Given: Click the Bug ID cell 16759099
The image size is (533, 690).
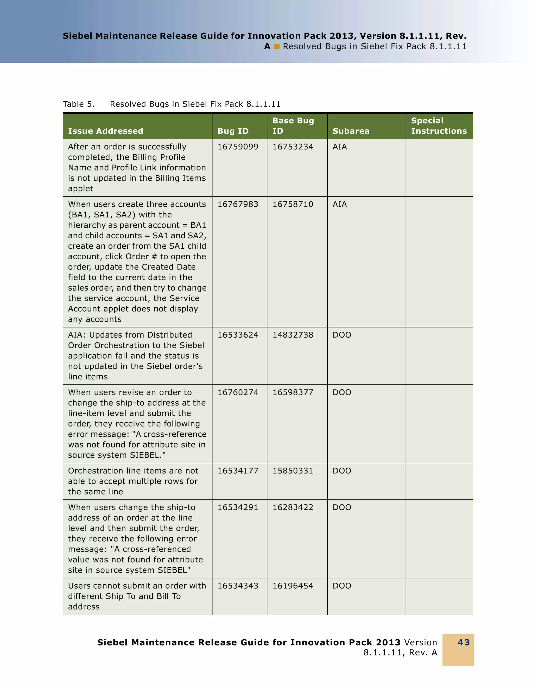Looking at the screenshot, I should point(238,147).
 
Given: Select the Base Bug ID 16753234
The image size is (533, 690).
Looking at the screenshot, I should point(293,147).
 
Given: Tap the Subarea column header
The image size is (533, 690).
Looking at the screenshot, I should point(351,131).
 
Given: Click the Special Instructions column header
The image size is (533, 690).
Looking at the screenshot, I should point(439,126).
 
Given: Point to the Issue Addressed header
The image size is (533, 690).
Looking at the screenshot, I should point(105,131).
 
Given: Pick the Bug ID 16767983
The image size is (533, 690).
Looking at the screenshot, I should point(238,205).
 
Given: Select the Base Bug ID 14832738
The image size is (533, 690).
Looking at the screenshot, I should point(293,335).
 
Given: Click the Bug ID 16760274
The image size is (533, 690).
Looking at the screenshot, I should point(238,392).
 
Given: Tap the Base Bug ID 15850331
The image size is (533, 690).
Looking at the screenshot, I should point(293,471).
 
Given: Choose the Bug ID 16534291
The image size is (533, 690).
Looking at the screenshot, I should point(238,507).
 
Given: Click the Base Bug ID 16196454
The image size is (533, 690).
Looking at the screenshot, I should point(293,586).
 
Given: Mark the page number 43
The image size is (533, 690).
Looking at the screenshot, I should point(464,642).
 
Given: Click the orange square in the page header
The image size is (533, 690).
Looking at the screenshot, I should point(277,47).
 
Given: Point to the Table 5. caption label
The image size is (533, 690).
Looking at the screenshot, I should point(78,104).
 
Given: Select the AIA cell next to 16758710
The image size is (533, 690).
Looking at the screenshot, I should point(339,205).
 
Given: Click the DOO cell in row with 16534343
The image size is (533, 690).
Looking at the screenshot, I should point(342,586).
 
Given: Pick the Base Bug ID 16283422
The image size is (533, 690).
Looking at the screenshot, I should point(293,507).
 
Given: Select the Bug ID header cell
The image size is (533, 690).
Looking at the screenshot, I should point(233,131).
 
